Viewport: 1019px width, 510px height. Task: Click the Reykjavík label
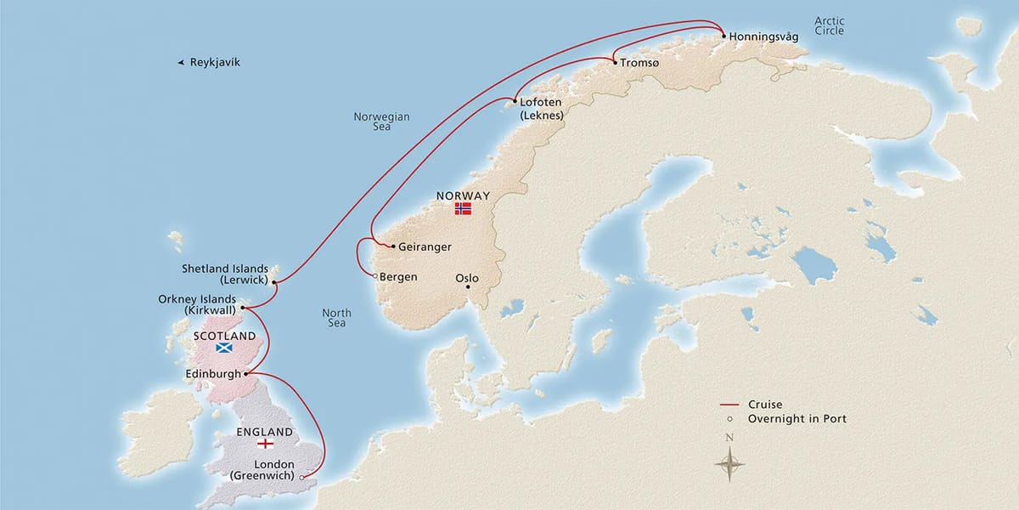(x=215, y=62)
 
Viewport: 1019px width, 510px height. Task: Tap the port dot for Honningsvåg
(x=723, y=37)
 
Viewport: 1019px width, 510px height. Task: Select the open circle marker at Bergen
(x=374, y=275)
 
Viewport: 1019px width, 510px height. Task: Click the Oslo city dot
(x=468, y=287)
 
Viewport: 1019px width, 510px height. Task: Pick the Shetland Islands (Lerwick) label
(x=226, y=274)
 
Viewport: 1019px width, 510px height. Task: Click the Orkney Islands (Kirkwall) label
(x=198, y=304)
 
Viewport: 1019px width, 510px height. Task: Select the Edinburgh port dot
(x=247, y=373)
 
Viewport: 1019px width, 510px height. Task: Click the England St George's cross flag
(x=265, y=444)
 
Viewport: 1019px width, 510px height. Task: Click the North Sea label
(x=336, y=319)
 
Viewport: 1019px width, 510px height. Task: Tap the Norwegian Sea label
(x=381, y=122)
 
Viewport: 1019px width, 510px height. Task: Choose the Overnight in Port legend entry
(x=797, y=419)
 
